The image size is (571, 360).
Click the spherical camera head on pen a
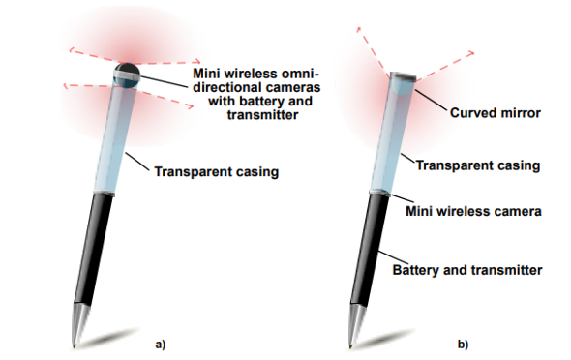coord(127,75)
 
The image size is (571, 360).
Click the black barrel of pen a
coord(94,249)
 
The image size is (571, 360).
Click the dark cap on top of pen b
coord(404,76)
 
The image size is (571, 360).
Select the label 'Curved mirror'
coord(496,113)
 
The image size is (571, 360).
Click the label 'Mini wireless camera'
coord(474,211)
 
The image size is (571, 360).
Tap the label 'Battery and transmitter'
coord(467,270)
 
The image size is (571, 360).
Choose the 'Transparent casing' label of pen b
coord(478,165)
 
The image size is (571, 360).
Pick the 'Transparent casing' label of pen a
coord(217,171)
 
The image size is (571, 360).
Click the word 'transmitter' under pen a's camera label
coord(262,115)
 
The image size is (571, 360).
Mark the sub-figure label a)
coord(161,344)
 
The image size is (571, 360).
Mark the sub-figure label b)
coord(464,344)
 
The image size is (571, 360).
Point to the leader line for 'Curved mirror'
coord(431,100)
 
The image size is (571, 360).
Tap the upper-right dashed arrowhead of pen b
coord(470,54)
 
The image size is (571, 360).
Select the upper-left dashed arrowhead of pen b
coord(359,29)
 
